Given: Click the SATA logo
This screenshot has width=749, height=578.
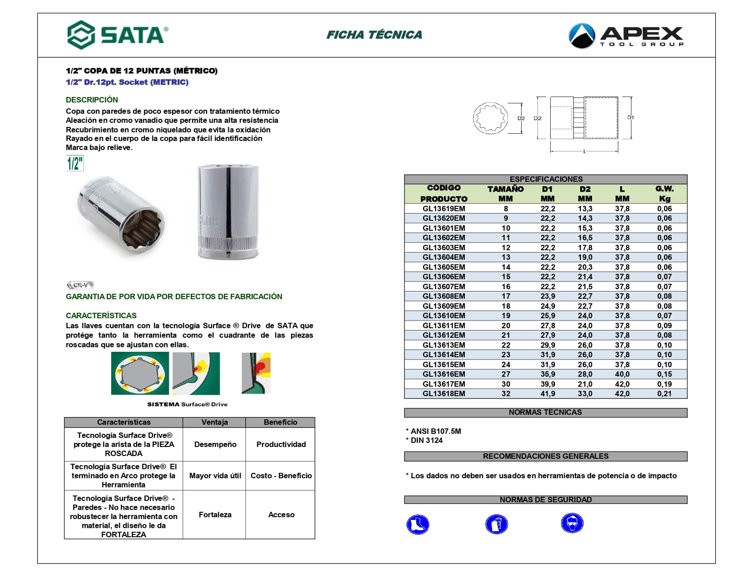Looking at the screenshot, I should point(118,35).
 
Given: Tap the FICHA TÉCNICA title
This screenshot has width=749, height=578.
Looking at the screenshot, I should point(374,35).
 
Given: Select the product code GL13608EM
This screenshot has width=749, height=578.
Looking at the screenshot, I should point(443,296).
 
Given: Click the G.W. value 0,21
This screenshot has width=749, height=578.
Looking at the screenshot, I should point(664,394).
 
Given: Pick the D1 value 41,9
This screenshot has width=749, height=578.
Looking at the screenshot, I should point(547,394).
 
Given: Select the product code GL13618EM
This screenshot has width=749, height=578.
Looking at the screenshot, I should point(443,394).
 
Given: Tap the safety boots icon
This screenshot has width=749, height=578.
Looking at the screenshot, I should point(418,525).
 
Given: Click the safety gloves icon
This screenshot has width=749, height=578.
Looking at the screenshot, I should point(496,525).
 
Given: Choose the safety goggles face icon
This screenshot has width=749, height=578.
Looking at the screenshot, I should point(572,524).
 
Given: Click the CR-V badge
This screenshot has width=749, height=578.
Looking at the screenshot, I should point(80,285).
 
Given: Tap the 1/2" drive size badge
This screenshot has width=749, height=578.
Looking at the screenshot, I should point(75,163).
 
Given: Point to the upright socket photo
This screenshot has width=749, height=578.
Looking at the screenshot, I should point(228,212).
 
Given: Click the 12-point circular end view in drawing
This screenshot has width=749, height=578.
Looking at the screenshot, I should point(490,118).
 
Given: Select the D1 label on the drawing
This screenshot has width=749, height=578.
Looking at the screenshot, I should point(631,117).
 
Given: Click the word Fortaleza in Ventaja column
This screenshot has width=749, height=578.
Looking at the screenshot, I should point(215,515).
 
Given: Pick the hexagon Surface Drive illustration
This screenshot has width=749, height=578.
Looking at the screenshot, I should point(140,374).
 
